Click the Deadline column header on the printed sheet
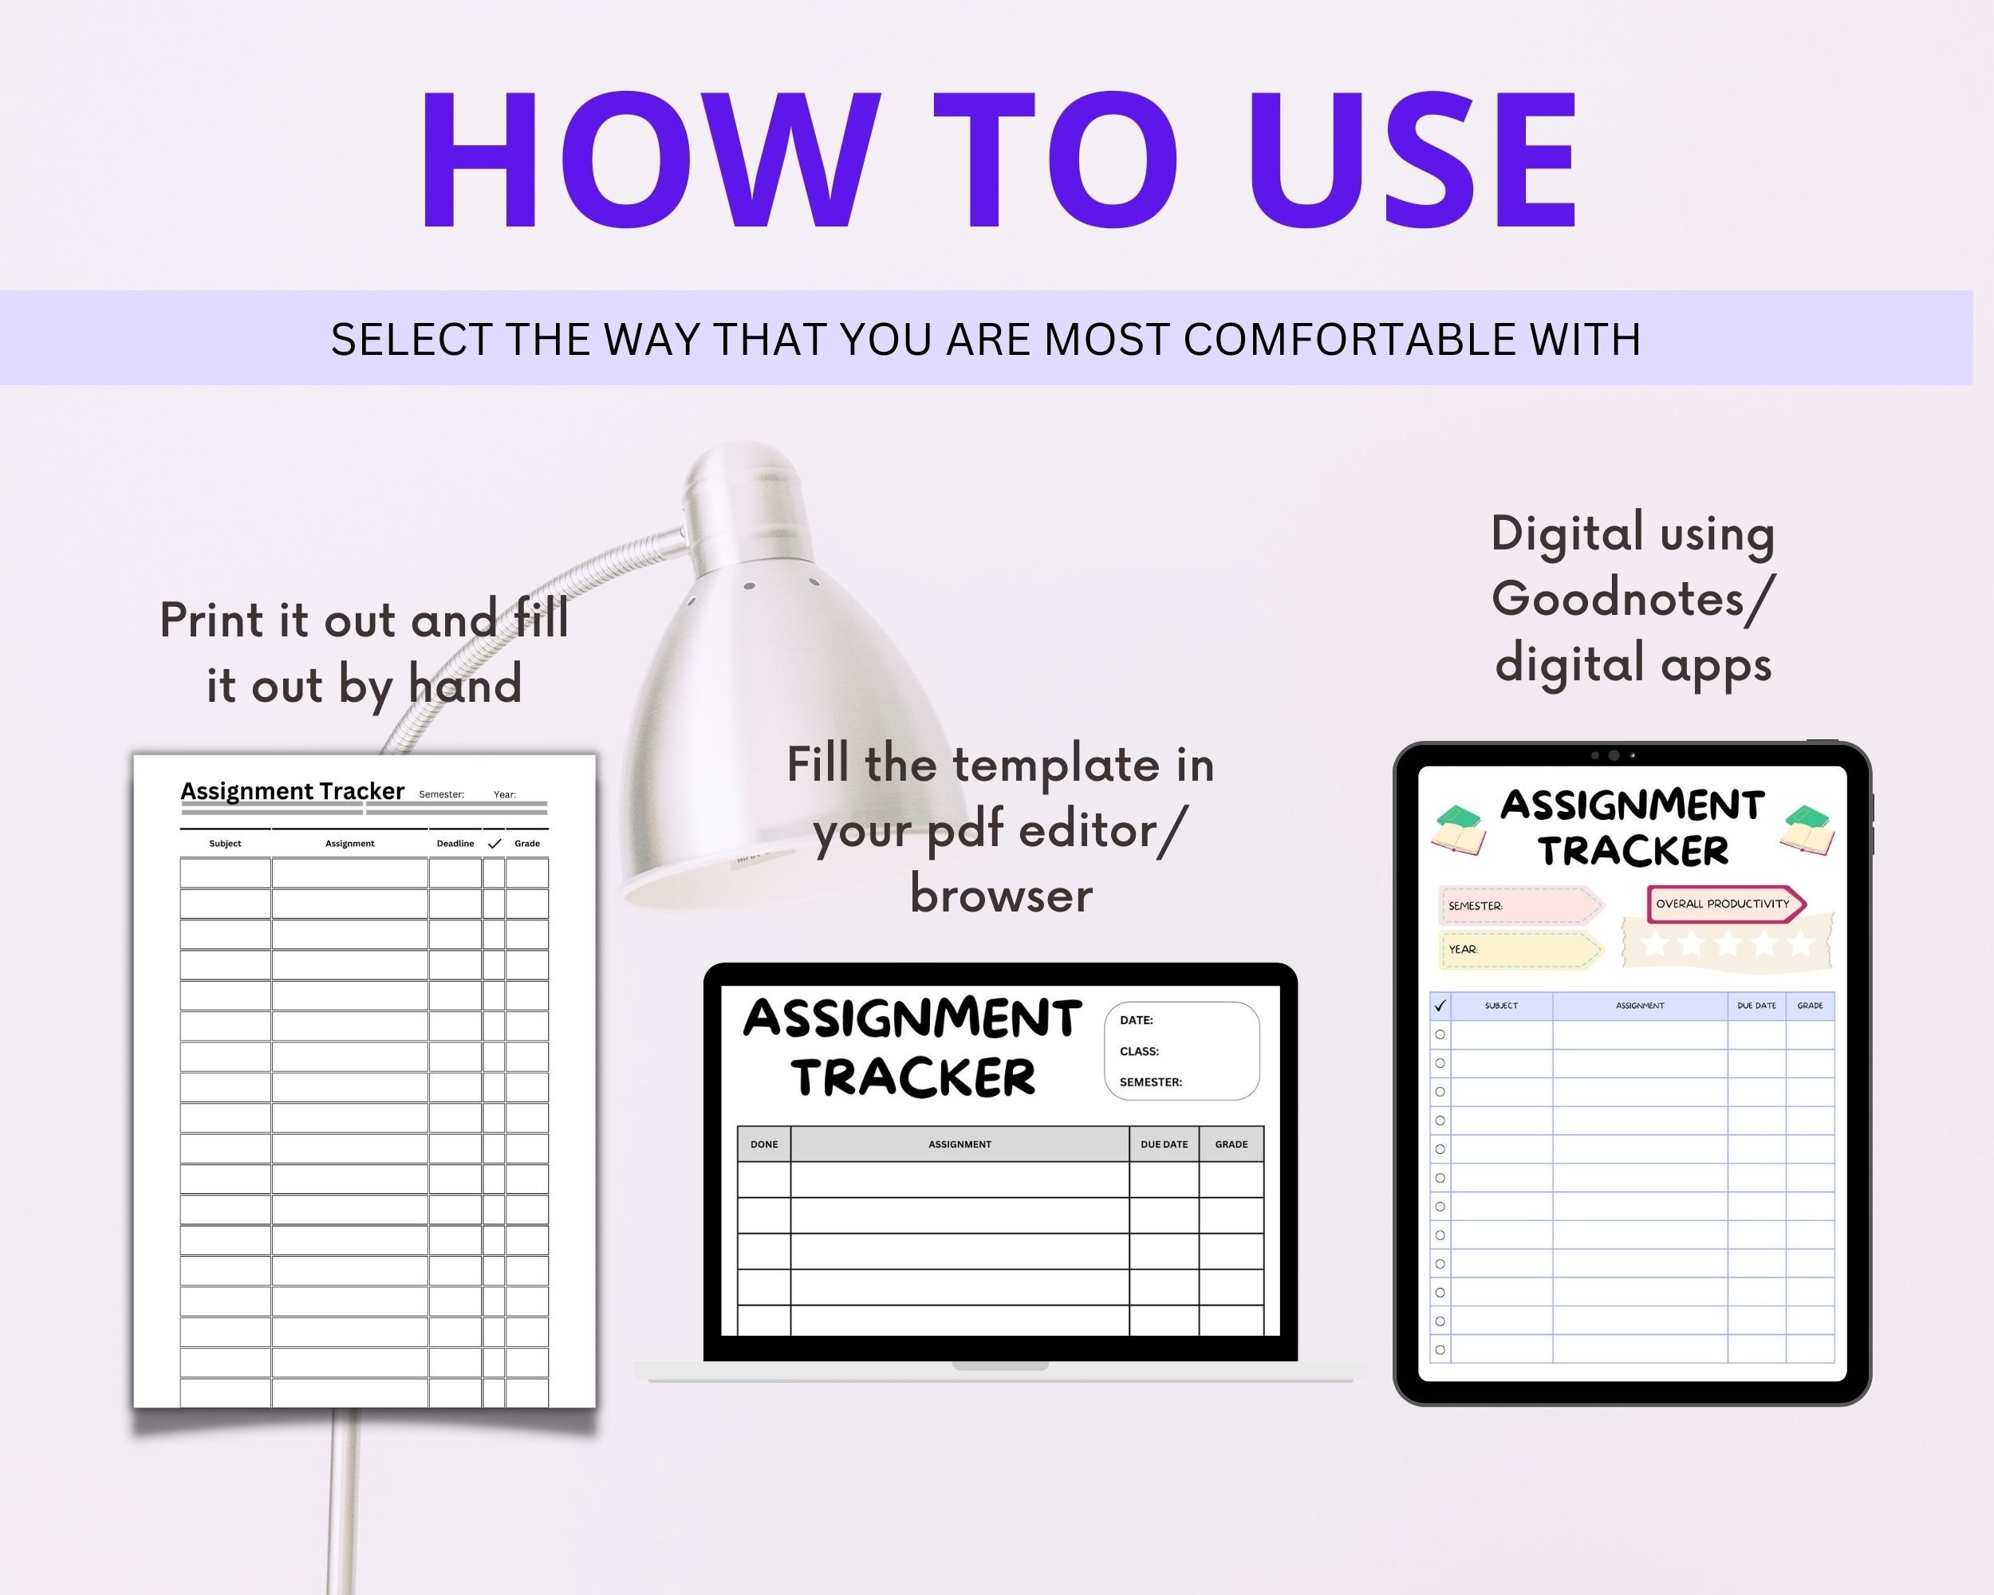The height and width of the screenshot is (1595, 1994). coord(455,843)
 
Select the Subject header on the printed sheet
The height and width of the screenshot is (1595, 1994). coord(225,843)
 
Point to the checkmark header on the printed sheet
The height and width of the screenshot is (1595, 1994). coord(495,843)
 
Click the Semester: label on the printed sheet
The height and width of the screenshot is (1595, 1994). coord(441,794)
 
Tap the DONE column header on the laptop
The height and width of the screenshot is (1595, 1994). coord(764,1144)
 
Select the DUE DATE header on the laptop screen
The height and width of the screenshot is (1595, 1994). coord(1164,1144)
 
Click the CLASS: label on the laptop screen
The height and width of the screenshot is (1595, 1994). coord(1138,1051)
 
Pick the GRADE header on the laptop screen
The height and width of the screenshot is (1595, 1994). coord(1231,1144)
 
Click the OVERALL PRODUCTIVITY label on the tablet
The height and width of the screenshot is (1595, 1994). coord(1722,904)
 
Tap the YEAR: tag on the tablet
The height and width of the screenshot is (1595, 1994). coord(1462,950)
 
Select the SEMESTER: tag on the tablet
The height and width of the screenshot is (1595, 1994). coord(1474,906)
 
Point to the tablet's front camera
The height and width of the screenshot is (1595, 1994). coord(1614,755)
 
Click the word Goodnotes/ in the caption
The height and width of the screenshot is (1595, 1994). coord(1633,598)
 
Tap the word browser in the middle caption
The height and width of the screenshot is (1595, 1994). coord(1001,895)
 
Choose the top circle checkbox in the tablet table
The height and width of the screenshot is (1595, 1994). coord(1440,1034)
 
